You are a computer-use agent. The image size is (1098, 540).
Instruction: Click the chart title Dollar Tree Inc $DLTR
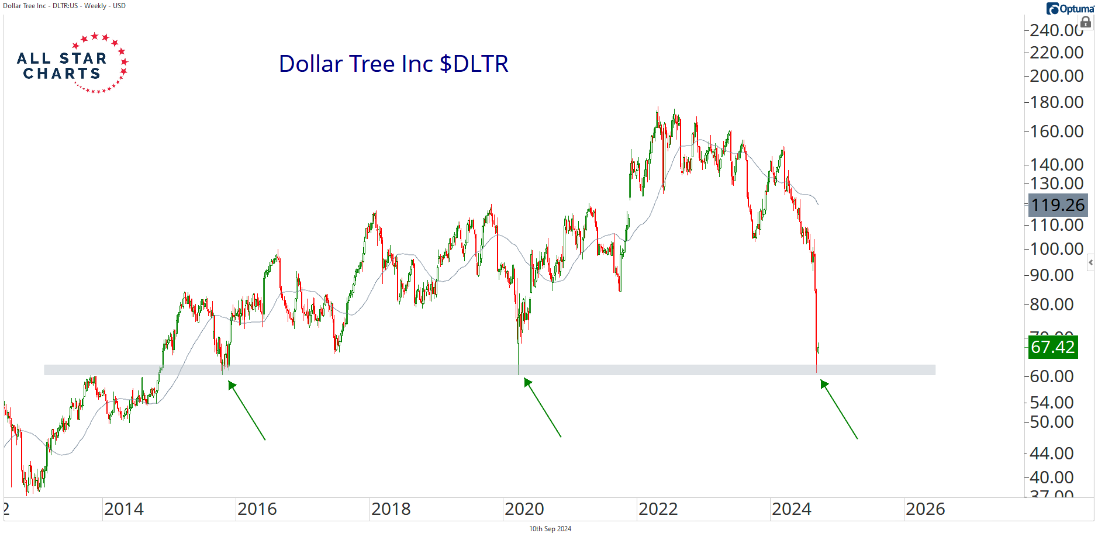[393, 64]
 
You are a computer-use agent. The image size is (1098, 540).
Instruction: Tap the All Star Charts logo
[72, 64]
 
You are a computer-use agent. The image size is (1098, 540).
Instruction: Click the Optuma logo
[1070, 8]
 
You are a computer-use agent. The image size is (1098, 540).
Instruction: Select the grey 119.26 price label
[1058, 205]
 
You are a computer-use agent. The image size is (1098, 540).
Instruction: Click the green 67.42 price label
[1052, 347]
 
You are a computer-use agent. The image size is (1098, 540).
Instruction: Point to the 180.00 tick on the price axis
[1056, 102]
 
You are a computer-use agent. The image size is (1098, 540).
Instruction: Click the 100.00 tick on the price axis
[1056, 249]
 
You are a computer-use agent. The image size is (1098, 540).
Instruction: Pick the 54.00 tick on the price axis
[1051, 403]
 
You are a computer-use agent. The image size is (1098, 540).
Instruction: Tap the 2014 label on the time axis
[124, 510]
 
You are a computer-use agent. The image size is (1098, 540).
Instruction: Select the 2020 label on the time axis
[524, 510]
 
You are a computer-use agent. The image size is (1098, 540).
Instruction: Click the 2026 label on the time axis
[925, 510]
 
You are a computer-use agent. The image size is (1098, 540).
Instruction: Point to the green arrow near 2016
[247, 410]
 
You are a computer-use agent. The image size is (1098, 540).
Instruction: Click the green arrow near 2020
[543, 408]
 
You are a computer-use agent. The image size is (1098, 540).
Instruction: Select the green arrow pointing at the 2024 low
[839, 409]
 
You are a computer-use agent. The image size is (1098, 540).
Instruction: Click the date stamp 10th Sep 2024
[550, 529]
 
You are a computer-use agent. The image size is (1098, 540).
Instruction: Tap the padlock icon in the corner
[1086, 23]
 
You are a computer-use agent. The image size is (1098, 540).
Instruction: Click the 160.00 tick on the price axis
[1056, 131]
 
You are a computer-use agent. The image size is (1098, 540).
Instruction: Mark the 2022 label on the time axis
[658, 510]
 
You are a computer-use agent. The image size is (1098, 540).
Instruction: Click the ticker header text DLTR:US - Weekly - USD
[64, 6]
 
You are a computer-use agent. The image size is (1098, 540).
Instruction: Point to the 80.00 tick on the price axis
[1051, 304]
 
